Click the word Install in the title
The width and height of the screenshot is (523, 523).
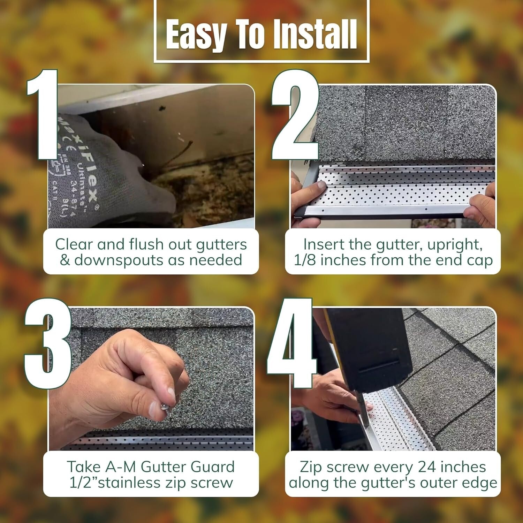tap(314, 34)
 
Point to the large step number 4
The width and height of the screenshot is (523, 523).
tap(291, 343)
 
